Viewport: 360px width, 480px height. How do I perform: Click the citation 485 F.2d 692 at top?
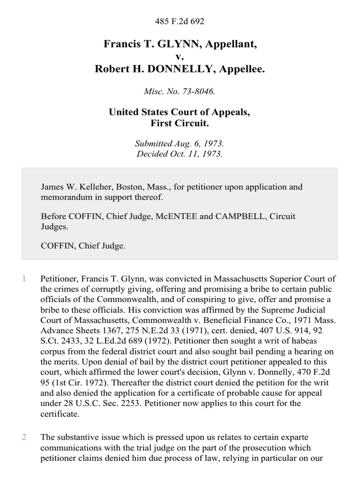180,21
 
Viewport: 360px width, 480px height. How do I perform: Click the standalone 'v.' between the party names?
180,57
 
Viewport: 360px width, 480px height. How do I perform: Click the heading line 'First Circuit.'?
180,124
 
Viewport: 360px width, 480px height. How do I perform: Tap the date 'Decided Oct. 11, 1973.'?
180,154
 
